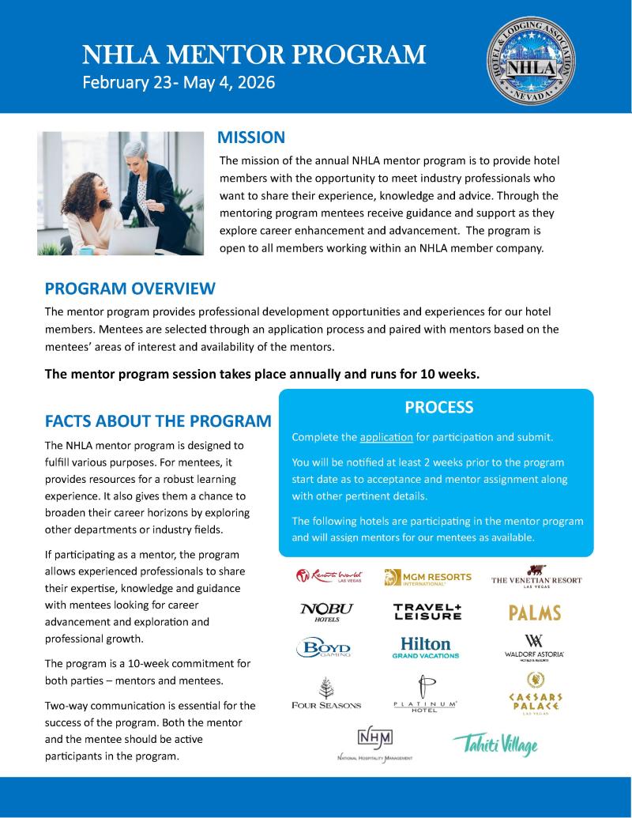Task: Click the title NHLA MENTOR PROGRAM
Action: pos(254,55)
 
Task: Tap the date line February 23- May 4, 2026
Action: pos(179,82)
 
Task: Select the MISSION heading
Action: pos(251,138)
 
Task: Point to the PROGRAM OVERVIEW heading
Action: pos(130,288)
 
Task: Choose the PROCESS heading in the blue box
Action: pos(438,408)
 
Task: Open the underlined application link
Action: pos(386,437)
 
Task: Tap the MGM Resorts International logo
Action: pos(427,578)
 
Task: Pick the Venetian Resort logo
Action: pos(536,577)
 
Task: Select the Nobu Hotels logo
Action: pos(326,612)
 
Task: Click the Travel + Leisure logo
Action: pos(427,612)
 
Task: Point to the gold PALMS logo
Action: pos(535,613)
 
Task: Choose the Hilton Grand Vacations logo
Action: pos(425,647)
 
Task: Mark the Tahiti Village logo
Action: pos(495,744)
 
